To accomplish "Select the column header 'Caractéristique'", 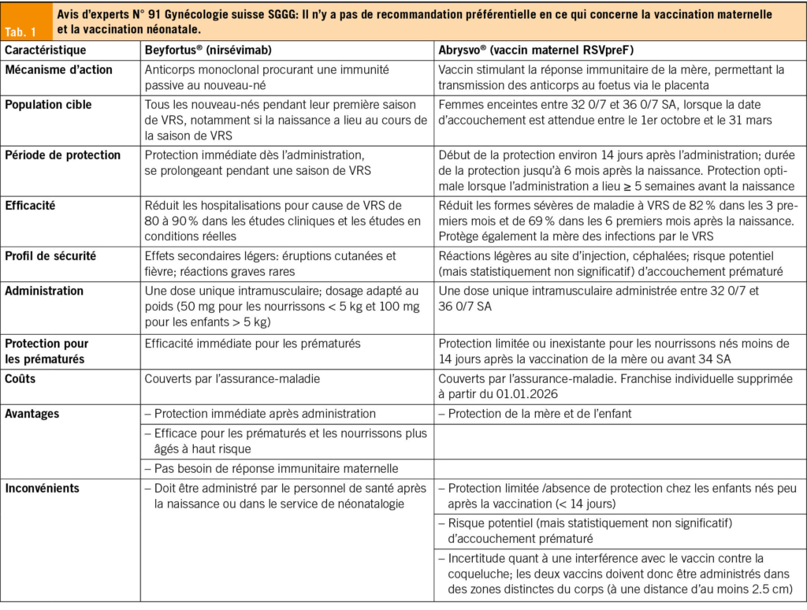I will coord(45,50).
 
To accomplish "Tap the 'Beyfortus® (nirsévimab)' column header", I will coord(208,50).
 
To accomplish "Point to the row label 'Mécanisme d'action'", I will coord(58,69).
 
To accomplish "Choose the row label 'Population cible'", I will coord(48,104).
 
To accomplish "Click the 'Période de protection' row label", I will coord(63,154).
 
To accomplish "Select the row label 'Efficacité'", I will coord(32,205).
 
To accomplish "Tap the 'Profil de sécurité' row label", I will coord(50,255).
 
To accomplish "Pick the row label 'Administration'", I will coord(44,290).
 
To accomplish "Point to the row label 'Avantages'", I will coord(32,413).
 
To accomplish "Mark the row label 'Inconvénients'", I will coord(42,488).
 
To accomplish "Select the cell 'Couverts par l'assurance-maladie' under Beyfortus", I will coord(232,378).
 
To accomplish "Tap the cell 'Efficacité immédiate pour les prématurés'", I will coord(252,343).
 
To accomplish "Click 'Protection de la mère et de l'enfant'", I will coord(540,413).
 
